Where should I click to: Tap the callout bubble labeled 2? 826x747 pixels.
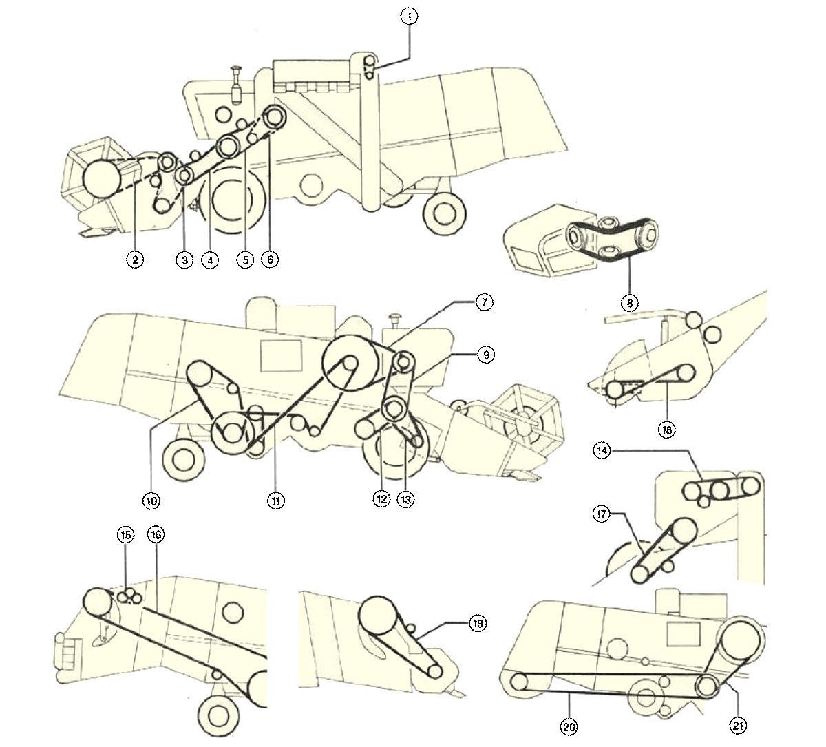click(135, 260)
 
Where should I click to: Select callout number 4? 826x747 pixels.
click(209, 260)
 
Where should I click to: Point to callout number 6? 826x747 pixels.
click(270, 260)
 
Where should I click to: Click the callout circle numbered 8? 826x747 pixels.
click(628, 302)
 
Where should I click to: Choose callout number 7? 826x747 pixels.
click(484, 302)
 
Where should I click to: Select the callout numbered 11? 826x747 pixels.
click(275, 501)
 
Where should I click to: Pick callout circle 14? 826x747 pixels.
click(602, 451)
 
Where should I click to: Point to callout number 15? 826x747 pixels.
click(125, 535)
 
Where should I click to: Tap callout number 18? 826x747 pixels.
click(666, 430)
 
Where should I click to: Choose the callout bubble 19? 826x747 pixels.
click(477, 624)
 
